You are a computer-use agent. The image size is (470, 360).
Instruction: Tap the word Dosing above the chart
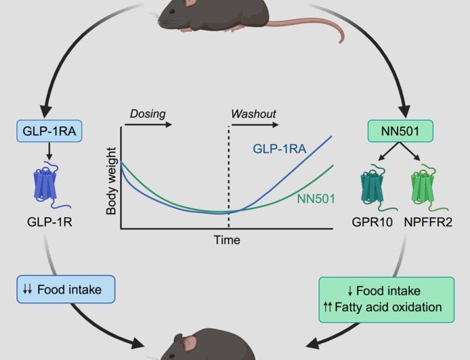click(x=147, y=112)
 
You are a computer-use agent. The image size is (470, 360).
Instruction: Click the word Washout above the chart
click(x=254, y=112)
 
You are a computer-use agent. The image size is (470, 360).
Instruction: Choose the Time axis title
click(x=227, y=240)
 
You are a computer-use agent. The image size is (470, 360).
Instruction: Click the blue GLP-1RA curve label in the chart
click(x=278, y=148)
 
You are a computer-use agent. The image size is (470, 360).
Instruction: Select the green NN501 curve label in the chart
click(x=316, y=198)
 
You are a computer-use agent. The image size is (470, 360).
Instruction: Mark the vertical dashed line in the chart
click(x=228, y=176)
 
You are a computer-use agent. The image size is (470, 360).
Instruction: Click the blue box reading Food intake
click(x=66, y=290)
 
